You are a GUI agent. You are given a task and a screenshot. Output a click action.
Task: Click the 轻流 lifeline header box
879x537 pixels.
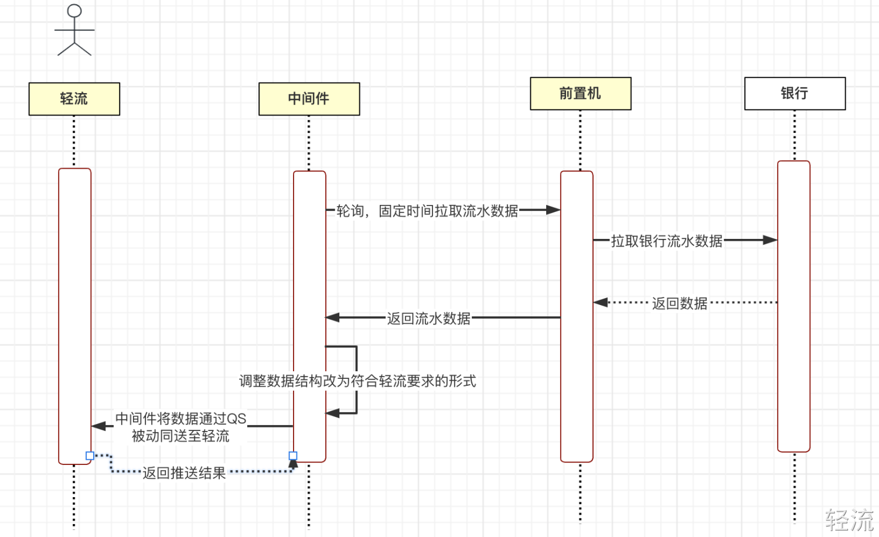[74, 99]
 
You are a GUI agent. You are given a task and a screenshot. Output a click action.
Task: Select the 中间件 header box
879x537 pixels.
[309, 99]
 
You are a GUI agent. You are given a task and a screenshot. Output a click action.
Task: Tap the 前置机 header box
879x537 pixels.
[581, 93]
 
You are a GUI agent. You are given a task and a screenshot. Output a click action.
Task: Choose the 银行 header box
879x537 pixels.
[795, 93]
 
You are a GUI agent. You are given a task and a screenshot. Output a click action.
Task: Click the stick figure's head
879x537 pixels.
[74, 11]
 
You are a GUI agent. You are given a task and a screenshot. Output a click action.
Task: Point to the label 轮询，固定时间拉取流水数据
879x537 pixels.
[427, 211]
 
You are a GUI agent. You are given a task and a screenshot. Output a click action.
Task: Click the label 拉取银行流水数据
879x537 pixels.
[666, 241]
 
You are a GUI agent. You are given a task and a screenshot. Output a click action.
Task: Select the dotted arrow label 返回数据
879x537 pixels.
[680, 303]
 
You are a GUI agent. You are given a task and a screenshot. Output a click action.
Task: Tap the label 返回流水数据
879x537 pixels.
[428, 318]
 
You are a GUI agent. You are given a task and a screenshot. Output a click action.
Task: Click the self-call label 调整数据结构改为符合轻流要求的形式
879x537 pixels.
[357, 381]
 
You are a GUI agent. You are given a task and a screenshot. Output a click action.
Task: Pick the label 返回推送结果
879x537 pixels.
[184, 473]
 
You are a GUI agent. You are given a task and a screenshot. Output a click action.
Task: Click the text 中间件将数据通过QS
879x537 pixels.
[181, 419]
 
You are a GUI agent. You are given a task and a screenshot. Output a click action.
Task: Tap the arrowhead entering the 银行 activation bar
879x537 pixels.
[770, 240]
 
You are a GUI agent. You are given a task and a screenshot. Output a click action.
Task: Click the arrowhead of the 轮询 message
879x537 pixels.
[553, 210]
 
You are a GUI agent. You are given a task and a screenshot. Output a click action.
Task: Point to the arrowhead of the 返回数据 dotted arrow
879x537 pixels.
[601, 302]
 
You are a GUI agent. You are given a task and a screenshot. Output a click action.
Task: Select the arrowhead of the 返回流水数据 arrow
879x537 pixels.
[332, 317]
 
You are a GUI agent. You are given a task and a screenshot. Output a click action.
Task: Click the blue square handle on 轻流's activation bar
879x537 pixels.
[90, 456]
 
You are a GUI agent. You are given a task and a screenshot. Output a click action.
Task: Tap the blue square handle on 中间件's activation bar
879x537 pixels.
[293, 456]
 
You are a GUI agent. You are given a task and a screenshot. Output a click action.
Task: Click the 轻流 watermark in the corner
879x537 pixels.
[850, 521]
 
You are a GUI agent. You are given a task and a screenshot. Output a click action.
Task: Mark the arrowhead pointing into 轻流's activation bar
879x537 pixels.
[98, 426]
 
